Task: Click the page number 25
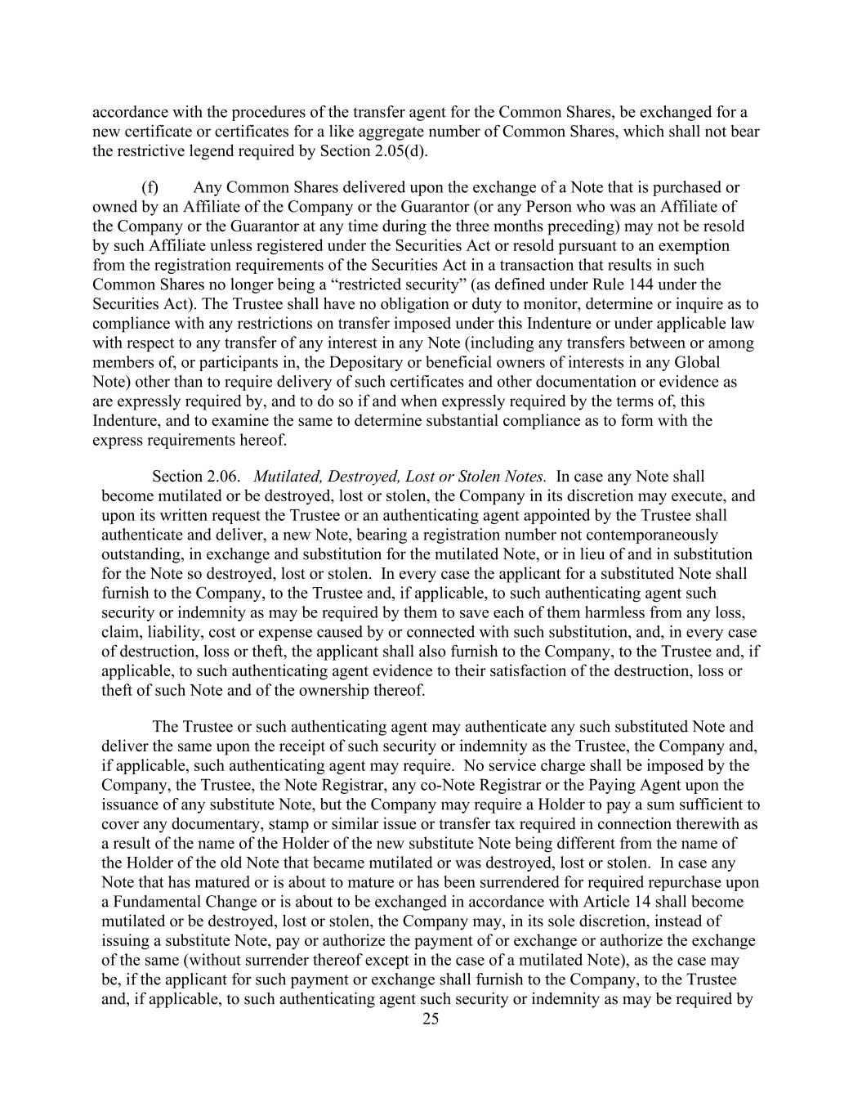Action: coord(431,1019)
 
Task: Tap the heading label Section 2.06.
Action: coord(196,477)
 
